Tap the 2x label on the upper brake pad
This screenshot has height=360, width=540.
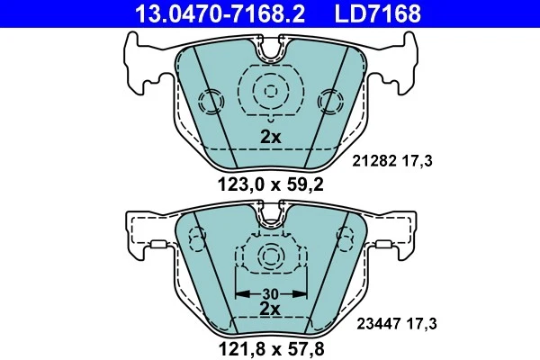pos(271,138)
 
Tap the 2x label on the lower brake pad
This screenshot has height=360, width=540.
pos(271,308)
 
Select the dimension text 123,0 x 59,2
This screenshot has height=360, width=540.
pos(271,187)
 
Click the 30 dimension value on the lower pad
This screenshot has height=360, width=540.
pos(271,293)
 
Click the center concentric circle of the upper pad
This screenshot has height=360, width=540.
pos(271,89)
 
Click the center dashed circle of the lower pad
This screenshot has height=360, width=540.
pos(271,257)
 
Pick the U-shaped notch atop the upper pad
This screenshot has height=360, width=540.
pos(271,50)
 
